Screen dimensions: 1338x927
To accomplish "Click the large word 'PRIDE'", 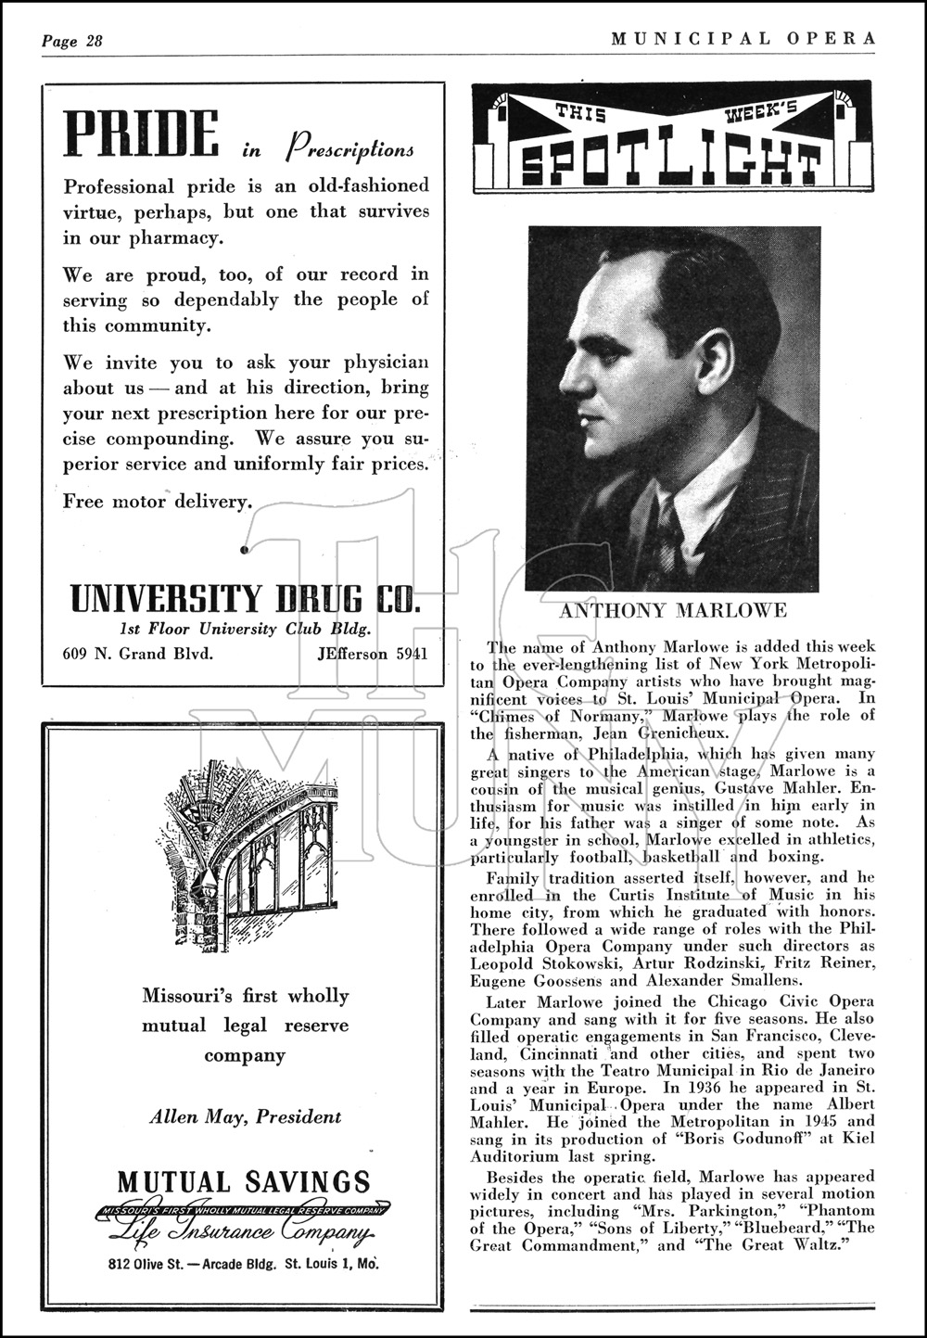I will pos(141,135).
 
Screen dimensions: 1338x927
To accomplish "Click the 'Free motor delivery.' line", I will pos(157,502).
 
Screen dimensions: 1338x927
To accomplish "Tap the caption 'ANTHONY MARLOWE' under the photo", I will pos(673,610).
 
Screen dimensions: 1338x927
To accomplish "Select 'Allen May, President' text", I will pos(246,1116).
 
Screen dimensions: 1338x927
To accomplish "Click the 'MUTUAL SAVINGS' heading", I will pos(244,1182).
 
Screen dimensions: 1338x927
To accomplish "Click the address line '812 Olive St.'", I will pos(152,1264).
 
